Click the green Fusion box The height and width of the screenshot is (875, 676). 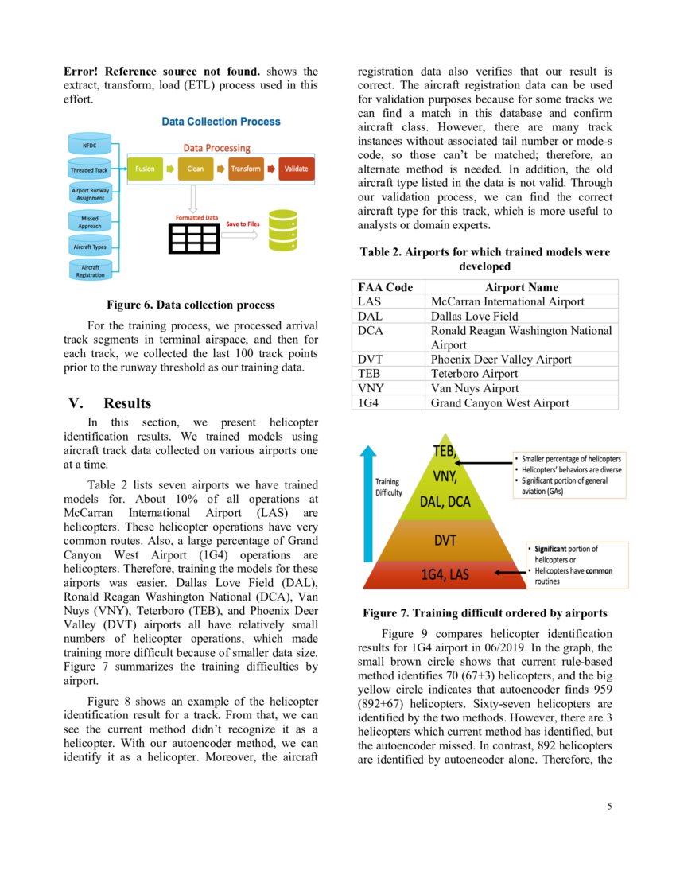point(145,169)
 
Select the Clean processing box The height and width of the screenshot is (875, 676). point(195,169)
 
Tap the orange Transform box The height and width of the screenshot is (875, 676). point(246,169)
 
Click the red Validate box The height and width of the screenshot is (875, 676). point(296,169)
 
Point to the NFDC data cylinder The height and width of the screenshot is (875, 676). point(90,146)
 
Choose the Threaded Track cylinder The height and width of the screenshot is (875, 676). point(90,169)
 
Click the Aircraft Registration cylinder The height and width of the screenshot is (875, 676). point(90,270)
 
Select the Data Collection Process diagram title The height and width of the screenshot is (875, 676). point(221,122)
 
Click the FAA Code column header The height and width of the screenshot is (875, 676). point(385,287)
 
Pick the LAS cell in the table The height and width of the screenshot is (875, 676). point(370,301)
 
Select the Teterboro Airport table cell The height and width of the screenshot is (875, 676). point(474,374)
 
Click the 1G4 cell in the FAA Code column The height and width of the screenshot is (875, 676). point(369,403)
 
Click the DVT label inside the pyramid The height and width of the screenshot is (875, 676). point(445,541)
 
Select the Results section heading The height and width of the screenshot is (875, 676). point(127,403)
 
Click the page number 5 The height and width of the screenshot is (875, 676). point(609,807)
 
